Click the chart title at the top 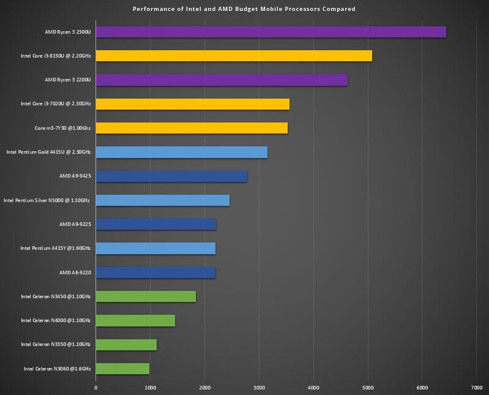pyautogui.click(x=244, y=9)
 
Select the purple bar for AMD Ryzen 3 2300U pyautogui.click(x=271, y=32)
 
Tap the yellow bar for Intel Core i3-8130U pyautogui.click(x=234, y=56)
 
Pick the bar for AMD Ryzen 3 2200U pyautogui.click(x=222, y=80)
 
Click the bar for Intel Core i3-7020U pyautogui.click(x=193, y=104)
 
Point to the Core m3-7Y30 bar pyautogui.click(x=192, y=128)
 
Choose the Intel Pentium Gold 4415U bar pyautogui.click(x=182, y=152)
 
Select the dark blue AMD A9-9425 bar pyautogui.click(x=171, y=176)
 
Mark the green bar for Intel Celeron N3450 pyautogui.click(x=146, y=296)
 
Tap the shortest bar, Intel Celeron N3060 pyautogui.click(x=122, y=369)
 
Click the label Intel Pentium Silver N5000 pyautogui.click(x=47, y=200)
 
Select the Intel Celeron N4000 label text pyautogui.click(x=56, y=320)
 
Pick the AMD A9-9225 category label pyautogui.click(x=75, y=224)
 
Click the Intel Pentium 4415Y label pyautogui.click(x=56, y=248)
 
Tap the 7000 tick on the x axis pyautogui.click(x=477, y=387)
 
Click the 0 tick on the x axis pyautogui.click(x=96, y=387)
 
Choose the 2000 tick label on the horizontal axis pyautogui.click(x=204, y=387)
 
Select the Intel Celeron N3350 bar pyautogui.click(x=126, y=345)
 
